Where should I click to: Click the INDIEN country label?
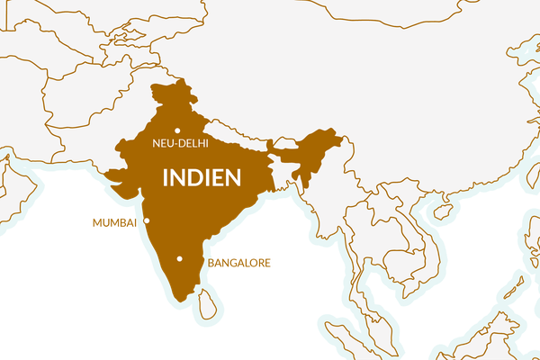tap(202, 176)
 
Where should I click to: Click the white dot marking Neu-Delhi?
tap(177, 131)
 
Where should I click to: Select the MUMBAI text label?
tap(114, 221)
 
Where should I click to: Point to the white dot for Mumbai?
tap(147, 220)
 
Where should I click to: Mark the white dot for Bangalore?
tap(180, 259)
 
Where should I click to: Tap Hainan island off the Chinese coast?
tap(438, 212)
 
